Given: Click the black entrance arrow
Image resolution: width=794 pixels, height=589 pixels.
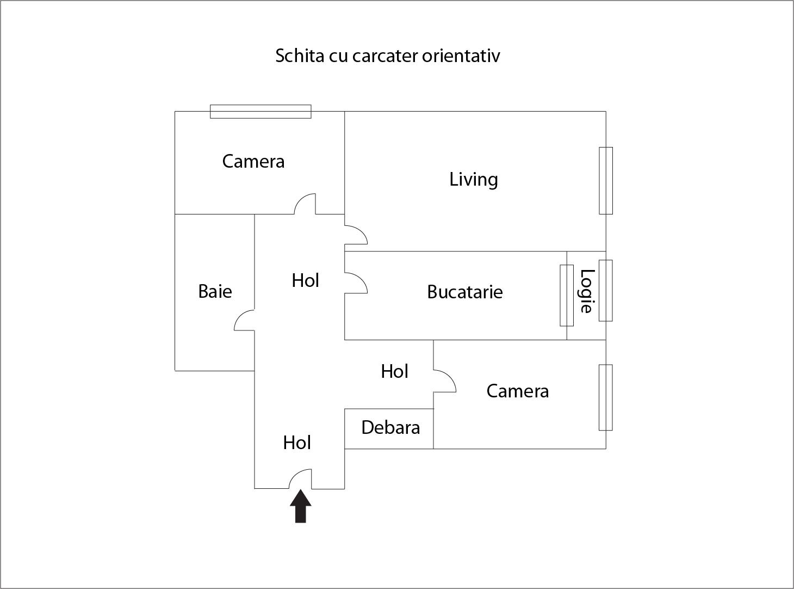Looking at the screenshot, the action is click(x=300, y=506).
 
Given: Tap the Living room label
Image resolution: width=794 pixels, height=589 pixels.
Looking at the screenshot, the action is click(x=473, y=180).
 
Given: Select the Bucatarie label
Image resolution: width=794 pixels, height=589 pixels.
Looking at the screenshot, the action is click(x=464, y=292).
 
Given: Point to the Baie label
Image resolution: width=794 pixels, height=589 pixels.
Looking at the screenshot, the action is click(x=215, y=291).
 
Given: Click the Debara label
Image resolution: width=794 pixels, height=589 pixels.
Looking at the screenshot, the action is click(x=390, y=427).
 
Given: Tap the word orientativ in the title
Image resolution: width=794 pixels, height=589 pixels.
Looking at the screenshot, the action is click(x=461, y=56).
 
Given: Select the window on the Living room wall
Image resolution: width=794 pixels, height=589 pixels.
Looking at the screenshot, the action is click(x=606, y=181).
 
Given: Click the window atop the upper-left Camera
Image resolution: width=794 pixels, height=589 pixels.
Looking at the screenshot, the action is click(x=260, y=112).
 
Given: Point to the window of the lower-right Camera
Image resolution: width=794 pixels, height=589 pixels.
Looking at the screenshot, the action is click(x=606, y=397).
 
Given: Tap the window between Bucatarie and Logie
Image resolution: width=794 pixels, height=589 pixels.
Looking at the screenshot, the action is click(x=567, y=296).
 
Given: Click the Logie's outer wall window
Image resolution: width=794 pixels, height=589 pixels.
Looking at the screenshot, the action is click(x=606, y=290).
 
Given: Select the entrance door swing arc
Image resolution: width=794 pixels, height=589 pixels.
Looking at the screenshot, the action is click(x=300, y=478).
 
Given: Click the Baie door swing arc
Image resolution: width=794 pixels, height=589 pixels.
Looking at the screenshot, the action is click(x=244, y=320).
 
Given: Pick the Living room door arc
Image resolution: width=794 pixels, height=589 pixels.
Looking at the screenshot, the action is click(x=356, y=235).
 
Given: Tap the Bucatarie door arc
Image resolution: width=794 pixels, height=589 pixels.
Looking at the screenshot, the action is click(x=356, y=283).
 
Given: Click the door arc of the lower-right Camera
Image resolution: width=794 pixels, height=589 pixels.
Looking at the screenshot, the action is click(x=445, y=381).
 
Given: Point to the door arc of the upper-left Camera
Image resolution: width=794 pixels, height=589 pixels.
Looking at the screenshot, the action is click(x=305, y=204).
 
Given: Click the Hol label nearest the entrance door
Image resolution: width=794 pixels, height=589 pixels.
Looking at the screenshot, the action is click(x=297, y=443).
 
